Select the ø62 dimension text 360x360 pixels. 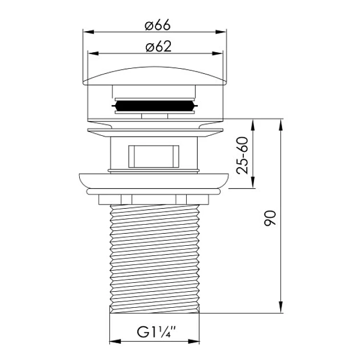158,47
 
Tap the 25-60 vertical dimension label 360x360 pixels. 243,156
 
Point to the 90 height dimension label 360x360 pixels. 270,218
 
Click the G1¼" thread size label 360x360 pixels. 156,332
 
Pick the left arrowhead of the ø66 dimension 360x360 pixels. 89,32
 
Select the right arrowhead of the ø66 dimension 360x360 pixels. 221,32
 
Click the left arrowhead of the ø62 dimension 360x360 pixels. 94,53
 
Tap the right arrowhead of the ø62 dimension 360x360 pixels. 217,53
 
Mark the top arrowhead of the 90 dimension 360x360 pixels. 281,125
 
